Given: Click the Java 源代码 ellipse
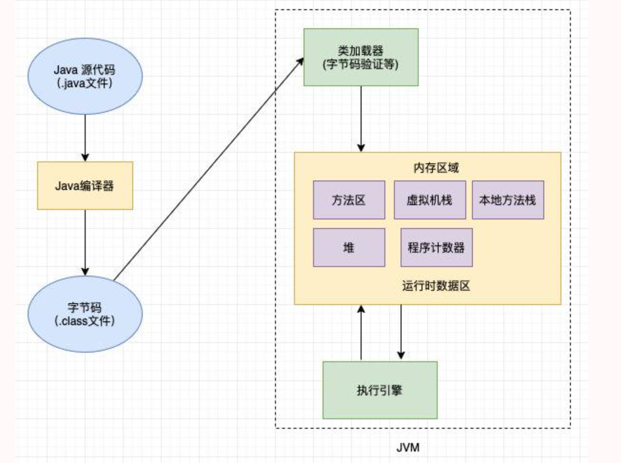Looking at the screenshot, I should [x=85, y=75].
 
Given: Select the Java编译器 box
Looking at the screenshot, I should [x=85, y=185].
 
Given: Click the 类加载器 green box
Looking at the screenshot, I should [x=361, y=57].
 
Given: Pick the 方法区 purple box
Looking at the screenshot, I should [x=349, y=200].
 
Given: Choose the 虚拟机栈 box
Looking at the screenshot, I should [x=429, y=200].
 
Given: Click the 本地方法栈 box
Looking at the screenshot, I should [x=507, y=200].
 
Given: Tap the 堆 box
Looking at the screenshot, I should [x=349, y=247].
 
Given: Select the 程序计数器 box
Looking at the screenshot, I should [x=436, y=247].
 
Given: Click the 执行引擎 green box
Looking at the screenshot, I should [x=379, y=390].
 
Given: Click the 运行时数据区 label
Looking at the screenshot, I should [x=436, y=285].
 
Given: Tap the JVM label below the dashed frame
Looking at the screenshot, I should [x=407, y=447].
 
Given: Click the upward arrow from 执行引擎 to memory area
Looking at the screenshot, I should [x=361, y=333].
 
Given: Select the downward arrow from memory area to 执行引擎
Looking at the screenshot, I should [x=401, y=333].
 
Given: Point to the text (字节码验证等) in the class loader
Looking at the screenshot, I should [x=361, y=64].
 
